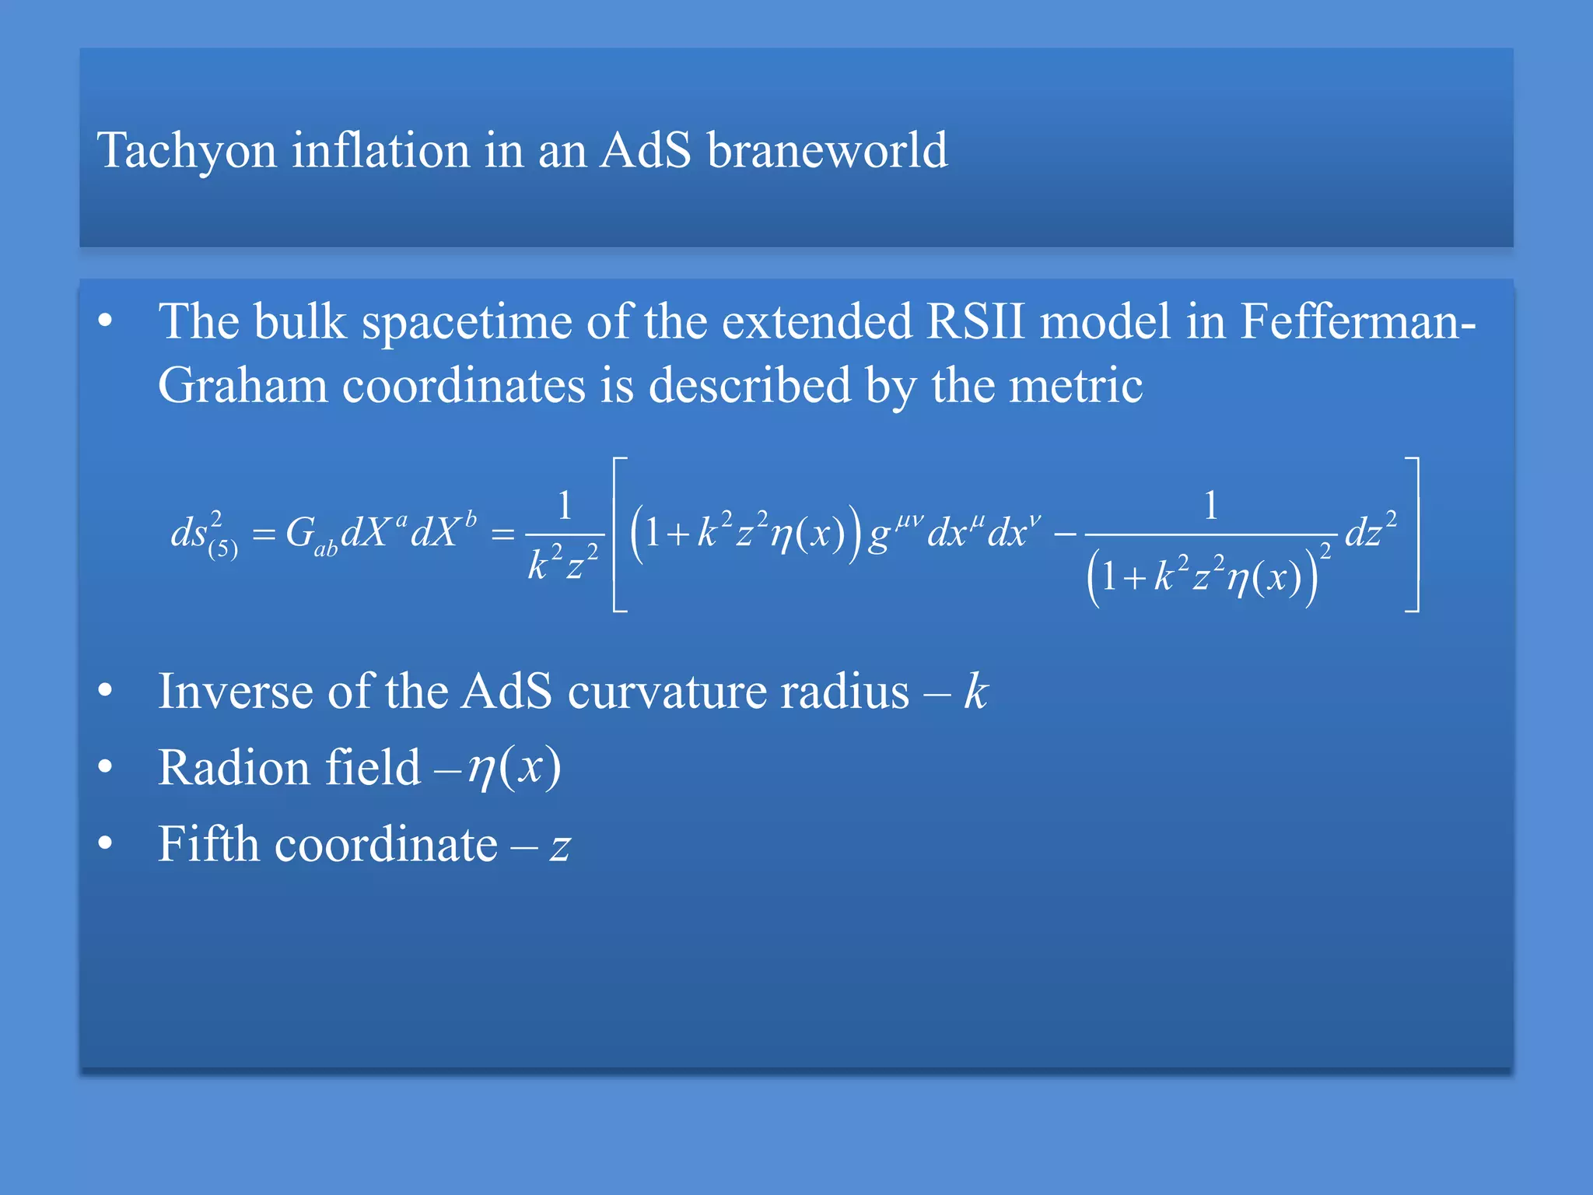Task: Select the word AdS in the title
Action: click(x=645, y=150)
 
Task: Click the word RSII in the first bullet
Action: click(x=975, y=321)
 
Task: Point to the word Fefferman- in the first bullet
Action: click(x=1357, y=321)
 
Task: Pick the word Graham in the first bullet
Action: click(x=242, y=385)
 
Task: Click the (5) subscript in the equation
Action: click(x=223, y=549)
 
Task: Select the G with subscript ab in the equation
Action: click(x=310, y=536)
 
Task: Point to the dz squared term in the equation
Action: click(x=1371, y=531)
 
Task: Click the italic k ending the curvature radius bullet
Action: click(x=975, y=691)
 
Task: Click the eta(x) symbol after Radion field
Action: click(x=514, y=768)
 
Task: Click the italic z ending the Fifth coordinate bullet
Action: click(x=560, y=847)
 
